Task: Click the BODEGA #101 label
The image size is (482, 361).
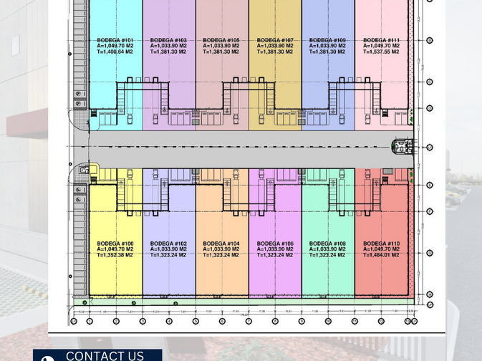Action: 115,40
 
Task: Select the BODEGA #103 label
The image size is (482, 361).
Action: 168,40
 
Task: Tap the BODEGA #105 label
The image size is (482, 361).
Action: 221,40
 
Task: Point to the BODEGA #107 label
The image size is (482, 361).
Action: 275,40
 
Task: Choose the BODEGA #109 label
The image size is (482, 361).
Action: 328,40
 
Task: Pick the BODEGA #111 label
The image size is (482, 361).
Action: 381,40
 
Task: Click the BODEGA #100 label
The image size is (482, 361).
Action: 115,244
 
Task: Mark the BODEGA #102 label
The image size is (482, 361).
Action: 168,244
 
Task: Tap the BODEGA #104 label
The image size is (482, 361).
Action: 221,244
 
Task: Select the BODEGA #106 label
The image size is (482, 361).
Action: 275,244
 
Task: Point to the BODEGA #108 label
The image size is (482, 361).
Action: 328,244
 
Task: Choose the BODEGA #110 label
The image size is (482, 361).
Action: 381,244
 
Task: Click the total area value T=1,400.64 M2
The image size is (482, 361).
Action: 115,52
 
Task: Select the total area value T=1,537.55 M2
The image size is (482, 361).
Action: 381,52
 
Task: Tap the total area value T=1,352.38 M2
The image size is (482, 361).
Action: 115,255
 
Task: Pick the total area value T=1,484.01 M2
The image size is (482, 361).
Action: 381,255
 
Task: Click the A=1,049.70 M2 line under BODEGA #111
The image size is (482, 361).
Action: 381,46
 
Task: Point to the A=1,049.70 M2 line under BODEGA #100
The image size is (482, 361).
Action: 115,249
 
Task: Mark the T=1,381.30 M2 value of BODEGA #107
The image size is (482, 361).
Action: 275,52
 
